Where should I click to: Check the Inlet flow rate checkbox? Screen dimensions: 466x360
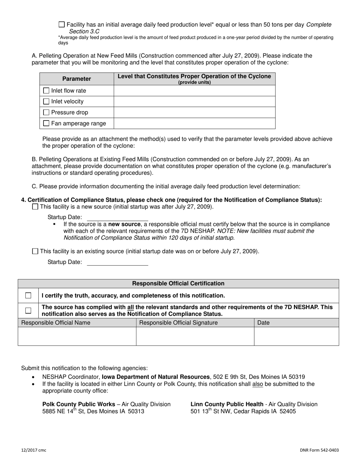(x=46, y=91)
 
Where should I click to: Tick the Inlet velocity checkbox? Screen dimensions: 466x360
(x=46, y=102)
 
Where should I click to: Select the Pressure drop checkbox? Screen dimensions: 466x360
(x=46, y=113)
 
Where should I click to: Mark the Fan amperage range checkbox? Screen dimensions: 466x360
(x=46, y=123)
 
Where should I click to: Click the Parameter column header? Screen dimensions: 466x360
(x=77, y=79)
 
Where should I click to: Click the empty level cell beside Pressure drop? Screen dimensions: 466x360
(x=194, y=113)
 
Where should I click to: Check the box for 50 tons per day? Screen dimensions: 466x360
(x=62, y=25)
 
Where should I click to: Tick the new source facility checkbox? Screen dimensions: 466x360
(x=35, y=207)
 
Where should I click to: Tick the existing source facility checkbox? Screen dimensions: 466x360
(x=35, y=251)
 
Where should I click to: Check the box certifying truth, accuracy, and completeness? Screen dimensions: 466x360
(x=28, y=296)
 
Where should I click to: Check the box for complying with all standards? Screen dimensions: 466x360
(x=28, y=311)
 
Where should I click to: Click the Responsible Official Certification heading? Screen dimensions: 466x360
(x=178, y=283)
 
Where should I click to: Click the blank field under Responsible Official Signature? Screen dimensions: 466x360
(x=195, y=336)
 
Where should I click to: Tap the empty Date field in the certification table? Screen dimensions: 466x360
(x=296, y=336)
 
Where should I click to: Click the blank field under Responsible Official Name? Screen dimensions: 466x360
(x=77, y=336)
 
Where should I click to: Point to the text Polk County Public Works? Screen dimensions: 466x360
(x=79, y=404)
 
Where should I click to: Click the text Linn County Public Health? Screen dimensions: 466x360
(x=227, y=404)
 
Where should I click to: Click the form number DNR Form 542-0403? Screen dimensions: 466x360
(x=319, y=450)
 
